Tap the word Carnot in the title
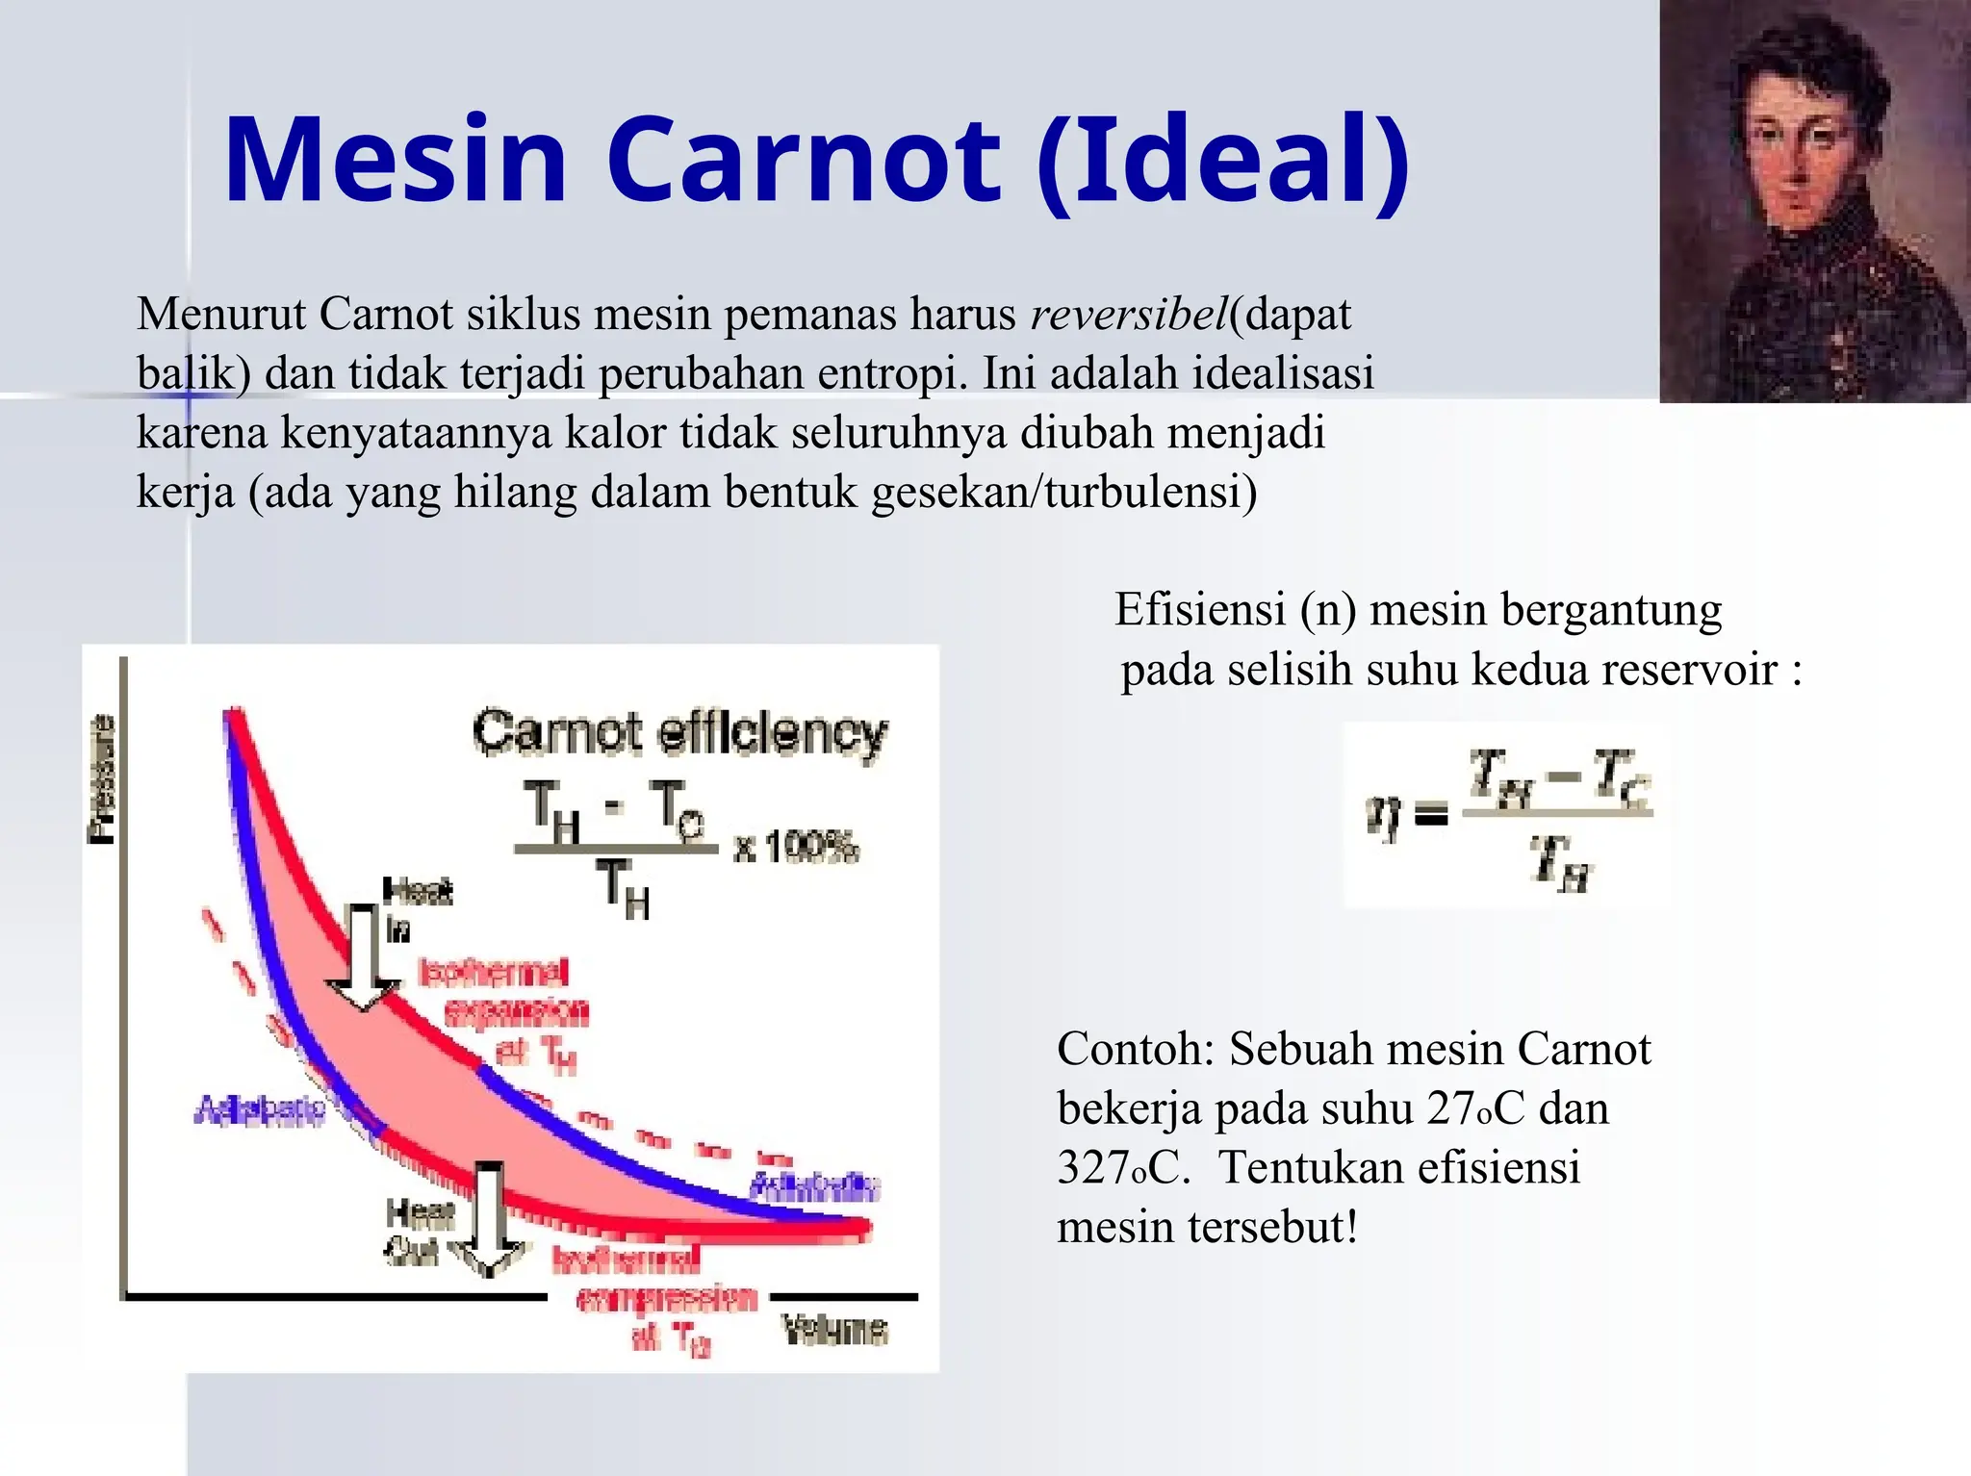(x=804, y=160)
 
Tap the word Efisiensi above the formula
(x=1200, y=610)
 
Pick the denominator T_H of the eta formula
(x=1560, y=862)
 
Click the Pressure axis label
(x=101, y=779)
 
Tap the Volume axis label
(x=833, y=1330)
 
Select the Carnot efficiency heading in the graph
(x=679, y=734)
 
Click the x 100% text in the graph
(x=795, y=849)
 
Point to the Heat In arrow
(x=363, y=957)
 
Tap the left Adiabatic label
(x=260, y=1110)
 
